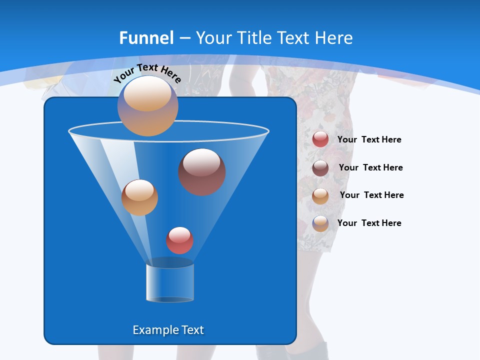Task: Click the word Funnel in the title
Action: (x=146, y=37)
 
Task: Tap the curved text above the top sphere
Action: (x=147, y=72)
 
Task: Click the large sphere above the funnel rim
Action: (x=147, y=106)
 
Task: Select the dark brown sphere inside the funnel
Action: (x=202, y=172)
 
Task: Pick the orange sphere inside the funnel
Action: (x=139, y=197)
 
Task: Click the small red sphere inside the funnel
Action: (x=179, y=240)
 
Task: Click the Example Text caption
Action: (x=168, y=330)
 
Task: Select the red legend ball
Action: (x=320, y=139)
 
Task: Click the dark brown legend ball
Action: (x=320, y=168)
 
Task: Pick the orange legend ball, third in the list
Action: (x=320, y=196)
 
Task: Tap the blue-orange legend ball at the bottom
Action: (x=320, y=223)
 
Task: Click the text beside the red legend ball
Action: (x=369, y=139)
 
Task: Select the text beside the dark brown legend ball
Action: (x=370, y=167)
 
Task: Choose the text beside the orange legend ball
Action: (x=371, y=195)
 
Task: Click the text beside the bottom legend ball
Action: (x=369, y=223)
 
